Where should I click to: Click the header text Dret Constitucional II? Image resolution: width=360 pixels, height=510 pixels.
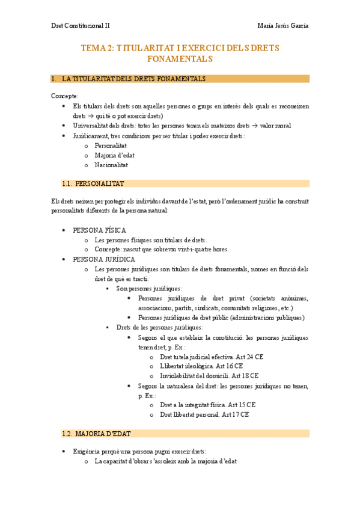tap(80, 26)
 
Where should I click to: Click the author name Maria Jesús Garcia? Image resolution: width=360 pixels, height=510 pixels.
tap(282, 26)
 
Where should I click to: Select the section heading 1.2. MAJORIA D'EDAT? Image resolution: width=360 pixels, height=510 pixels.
tap(96, 433)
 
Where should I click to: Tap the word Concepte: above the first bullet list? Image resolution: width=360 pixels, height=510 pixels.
tap(65, 96)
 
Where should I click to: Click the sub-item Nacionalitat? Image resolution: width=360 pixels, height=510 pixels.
tap(111, 165)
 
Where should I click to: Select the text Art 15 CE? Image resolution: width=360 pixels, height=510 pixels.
tap(242, 405)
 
